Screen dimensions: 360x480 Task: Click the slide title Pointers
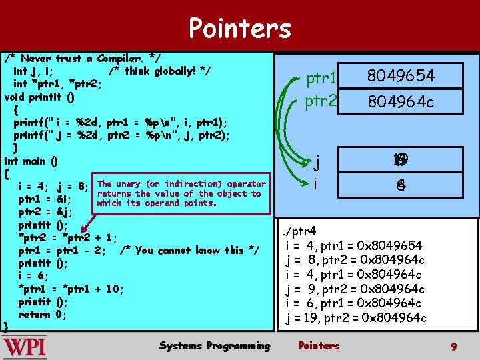click(239, 29)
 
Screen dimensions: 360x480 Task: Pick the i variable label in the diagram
click(315, 184)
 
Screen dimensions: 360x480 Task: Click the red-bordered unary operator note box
click(181, 193)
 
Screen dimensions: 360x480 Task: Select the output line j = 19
click(355, 318)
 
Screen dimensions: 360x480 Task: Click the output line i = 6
click(355, 303)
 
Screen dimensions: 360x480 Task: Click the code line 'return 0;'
click(42, 314)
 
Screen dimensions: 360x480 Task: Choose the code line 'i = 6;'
click(31, 275)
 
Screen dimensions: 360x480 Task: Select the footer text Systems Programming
click(215, 345)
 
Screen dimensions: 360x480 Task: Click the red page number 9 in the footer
click(453, 347)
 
